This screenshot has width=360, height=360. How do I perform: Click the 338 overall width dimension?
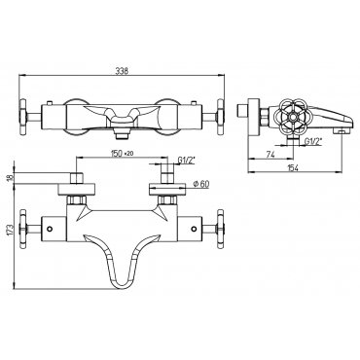[x=122, y=71]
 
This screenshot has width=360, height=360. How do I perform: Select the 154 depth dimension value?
[x=293, y=167]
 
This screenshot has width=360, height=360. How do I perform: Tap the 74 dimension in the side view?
[x=270, y=155]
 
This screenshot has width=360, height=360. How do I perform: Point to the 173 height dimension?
[x=10, y=230]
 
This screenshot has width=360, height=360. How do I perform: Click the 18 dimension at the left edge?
[x=10, y=177]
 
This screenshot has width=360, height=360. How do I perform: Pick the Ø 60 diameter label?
[x=201, y=184]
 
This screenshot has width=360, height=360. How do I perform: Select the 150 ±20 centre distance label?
[x=123, y=154]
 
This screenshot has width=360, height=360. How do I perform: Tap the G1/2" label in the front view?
[x=186, y=160]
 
